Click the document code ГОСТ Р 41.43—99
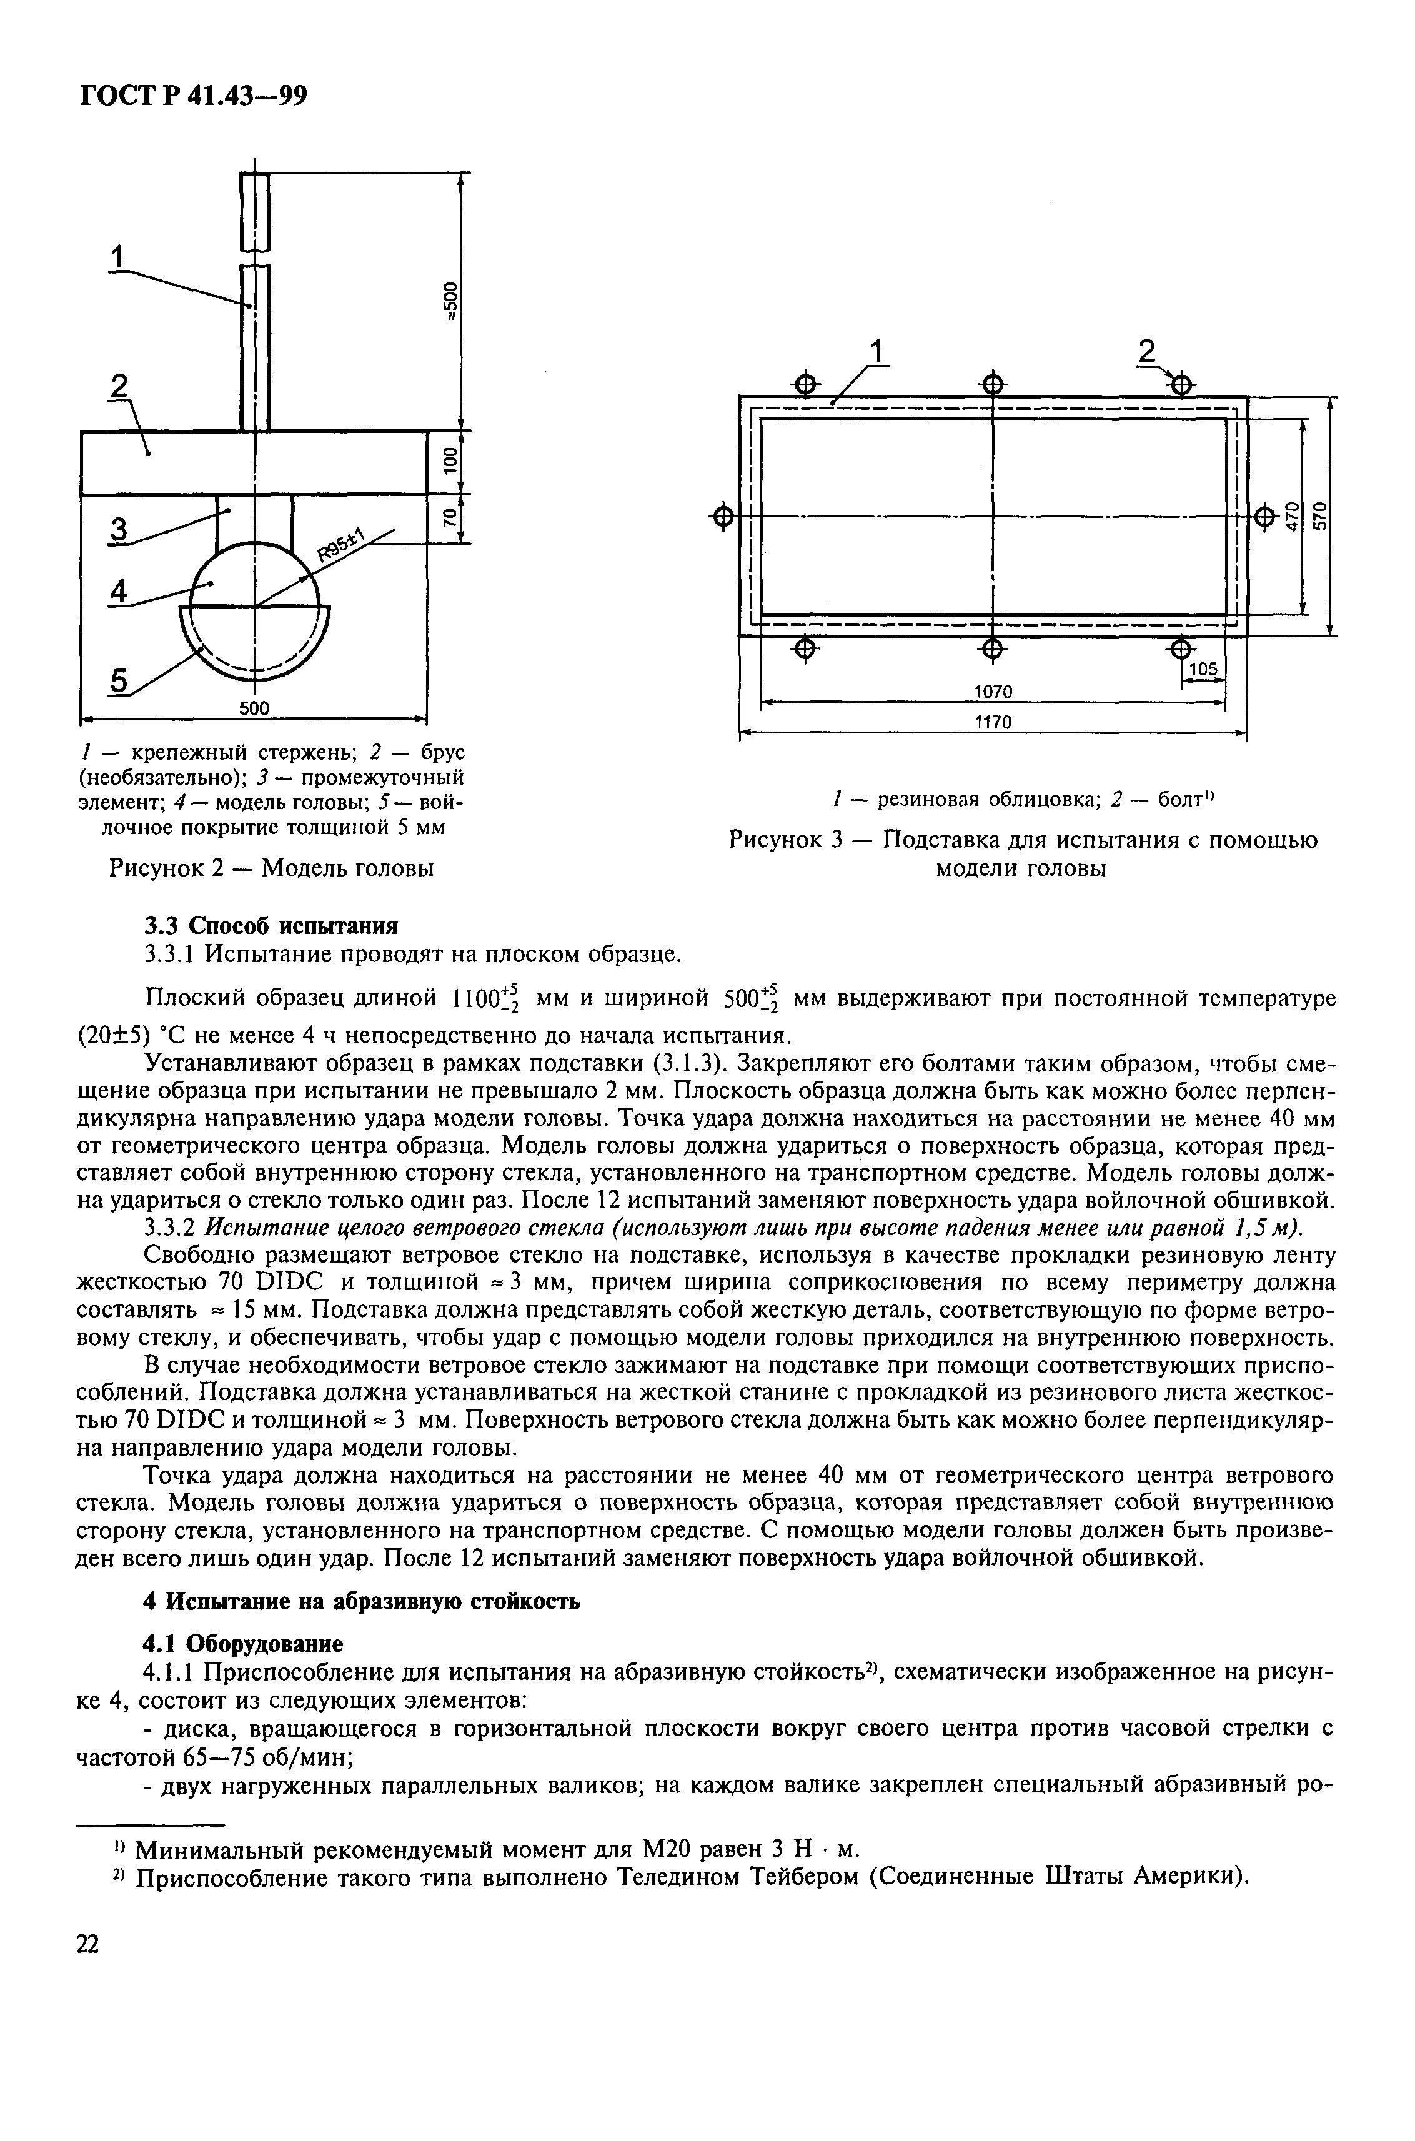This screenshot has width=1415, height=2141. (193, 94)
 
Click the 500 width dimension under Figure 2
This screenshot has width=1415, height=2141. (254, 709)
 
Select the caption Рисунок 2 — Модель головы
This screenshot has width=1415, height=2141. (271, 868)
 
